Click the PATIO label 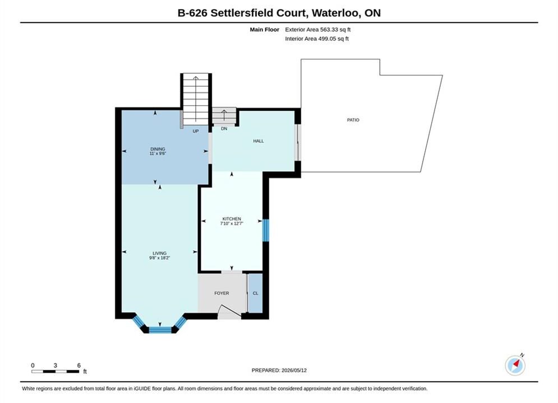tap(353, 120)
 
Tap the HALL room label tap(259, 141)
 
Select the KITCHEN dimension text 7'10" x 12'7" tap(232, 223)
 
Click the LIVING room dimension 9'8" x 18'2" tap(159, 258)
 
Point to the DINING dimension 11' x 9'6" tap(158, 153)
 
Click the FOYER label tap(222, 293)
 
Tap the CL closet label tap(256, 293)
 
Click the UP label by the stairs tap(196, 131)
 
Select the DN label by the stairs tap(224, 129)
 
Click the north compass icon tap(515, 365)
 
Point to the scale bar tap(55, 372)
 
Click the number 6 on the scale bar tap(79, 365)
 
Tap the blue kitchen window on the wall tap(265, 230)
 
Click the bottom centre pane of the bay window tap(160, 330)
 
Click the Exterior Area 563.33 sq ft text tap(318, 30)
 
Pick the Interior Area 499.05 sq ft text tap(317, 39)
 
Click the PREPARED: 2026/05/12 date tap(279, 371)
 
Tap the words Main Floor tap(264, 30)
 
